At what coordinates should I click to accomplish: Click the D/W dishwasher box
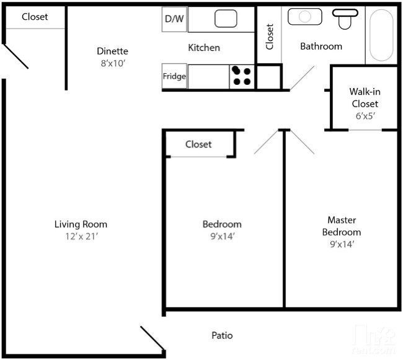(x=174, y=19)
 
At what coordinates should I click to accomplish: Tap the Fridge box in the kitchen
(x=174, y=77)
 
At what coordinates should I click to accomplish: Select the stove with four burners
(x=242, y=76)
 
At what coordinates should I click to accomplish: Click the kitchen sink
(x=226, y=19)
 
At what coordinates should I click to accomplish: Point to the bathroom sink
(x=304, y=16)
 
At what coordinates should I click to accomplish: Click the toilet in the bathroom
(x=345, y=19)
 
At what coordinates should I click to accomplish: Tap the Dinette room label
(x=112, y=51)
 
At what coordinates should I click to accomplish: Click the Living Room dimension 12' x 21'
(x=81, y=235)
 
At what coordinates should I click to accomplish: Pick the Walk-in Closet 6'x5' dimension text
(x=364, y=115)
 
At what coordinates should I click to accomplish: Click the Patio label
(x=222, y=335)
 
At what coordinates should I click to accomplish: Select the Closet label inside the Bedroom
(x=198, y=144)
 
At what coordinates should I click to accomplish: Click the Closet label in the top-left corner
(x=35, y=17)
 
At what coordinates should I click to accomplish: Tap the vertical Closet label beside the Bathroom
(x=269, y=37)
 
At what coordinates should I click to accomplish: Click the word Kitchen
(x=204, y=48)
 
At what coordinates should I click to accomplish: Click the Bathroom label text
(x=321, y=46)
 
